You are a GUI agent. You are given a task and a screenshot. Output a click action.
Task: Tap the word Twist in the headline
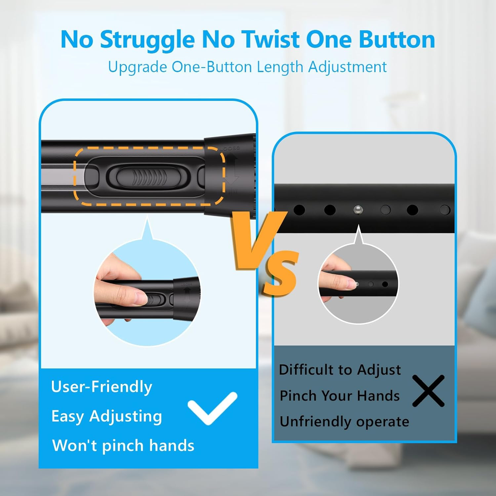tap(270, 39)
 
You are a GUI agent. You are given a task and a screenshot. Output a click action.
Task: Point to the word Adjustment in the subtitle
tap(348, 67)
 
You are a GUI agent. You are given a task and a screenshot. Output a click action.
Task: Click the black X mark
tap(429, 391)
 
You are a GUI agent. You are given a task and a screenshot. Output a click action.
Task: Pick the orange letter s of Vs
tap(281, 272)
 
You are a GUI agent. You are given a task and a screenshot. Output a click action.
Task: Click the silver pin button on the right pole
tap(358, 210)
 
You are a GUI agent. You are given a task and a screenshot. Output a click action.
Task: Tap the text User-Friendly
tap(102, 387)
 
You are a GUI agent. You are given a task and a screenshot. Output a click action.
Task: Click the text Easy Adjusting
tap(106, 416)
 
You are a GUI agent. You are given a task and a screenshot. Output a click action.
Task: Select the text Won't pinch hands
tap(123, 445)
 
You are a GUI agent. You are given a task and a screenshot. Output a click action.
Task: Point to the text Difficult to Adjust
tap(340, 370)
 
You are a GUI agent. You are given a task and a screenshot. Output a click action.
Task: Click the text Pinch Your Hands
tap(340, 396)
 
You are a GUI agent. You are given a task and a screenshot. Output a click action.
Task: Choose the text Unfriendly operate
tap(344, 422)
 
